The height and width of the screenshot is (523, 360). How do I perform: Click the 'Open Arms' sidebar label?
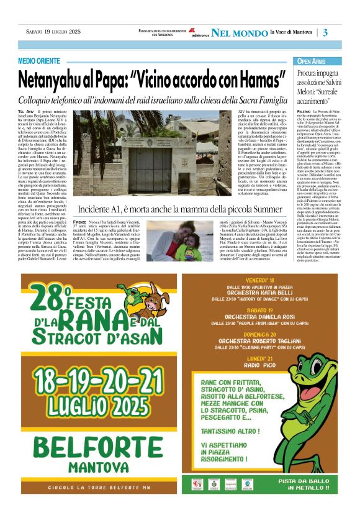coord(311,61)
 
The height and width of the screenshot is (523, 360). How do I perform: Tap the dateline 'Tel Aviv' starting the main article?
coord(26,110)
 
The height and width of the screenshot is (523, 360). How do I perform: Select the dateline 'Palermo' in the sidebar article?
coord(304,110)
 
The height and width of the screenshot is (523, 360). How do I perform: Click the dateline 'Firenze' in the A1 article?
coord(79,222)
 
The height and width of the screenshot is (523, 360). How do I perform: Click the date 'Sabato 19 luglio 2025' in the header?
coord(53,31)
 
